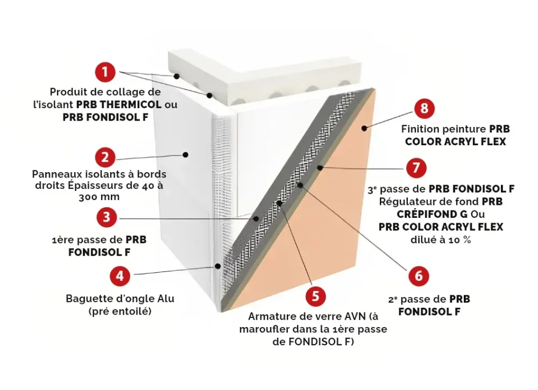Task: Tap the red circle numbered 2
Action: (x=105, y=157)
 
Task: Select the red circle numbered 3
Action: (x=107, y=217)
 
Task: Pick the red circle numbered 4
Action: (x=120, y=276)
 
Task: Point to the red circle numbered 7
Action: (x=416, y=167)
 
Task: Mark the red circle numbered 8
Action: (x=424, y=109)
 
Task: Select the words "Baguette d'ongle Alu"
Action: (x=120, y=299)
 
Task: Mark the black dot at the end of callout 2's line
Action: (x=185, y=154)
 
